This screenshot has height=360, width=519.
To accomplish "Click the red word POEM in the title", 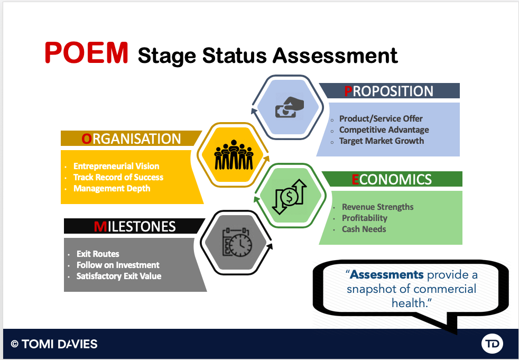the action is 86,53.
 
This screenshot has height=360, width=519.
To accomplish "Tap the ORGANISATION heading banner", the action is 131,139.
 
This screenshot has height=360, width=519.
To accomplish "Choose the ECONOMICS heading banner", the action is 392,179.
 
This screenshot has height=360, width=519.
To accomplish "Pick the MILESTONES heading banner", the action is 134,226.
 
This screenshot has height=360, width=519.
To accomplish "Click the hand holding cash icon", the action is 289,107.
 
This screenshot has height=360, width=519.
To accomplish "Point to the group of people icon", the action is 234,155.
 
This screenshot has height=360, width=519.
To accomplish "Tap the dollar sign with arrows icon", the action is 289,197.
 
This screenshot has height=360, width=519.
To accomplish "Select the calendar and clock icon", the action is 237,242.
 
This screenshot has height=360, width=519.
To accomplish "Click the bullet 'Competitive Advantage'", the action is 384,130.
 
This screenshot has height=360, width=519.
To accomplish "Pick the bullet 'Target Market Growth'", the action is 382,141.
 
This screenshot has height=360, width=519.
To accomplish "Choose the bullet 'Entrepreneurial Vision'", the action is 116,166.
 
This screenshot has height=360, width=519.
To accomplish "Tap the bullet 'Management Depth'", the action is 112,188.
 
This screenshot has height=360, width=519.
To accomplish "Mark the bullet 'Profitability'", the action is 365,218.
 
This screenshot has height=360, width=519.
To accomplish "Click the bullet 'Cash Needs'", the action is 364,229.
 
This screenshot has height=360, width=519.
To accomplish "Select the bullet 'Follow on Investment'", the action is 118,265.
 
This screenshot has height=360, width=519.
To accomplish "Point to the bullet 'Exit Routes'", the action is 98,254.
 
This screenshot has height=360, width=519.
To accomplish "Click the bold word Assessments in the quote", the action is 386,274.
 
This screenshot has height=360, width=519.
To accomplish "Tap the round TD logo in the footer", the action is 492,344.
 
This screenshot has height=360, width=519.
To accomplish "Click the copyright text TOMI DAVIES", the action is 60,344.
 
